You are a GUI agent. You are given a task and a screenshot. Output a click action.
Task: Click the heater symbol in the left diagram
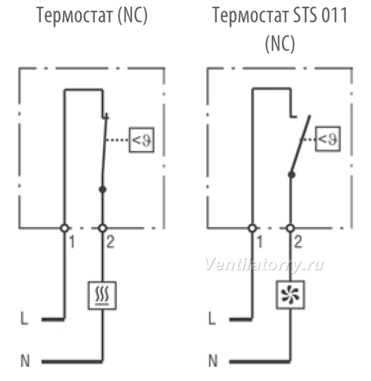click(102, 296)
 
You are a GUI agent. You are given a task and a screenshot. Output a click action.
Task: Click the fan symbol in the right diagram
click(290, 295)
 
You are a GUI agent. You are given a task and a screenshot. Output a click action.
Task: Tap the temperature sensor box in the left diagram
click(142, 140)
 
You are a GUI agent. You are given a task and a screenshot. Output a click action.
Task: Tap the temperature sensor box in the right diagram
click(328, 139)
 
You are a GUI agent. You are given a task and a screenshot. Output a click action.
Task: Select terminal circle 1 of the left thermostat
click(65, 228)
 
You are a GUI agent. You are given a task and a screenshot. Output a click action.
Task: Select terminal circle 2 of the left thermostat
click(102, 228)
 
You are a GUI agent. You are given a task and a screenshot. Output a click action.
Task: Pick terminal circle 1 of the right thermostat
click(252, 228)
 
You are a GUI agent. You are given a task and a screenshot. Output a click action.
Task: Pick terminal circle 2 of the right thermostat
click(290, 228)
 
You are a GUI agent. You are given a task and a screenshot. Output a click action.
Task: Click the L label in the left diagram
click(24, 318)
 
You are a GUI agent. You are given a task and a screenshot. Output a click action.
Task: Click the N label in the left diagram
click(24, 361)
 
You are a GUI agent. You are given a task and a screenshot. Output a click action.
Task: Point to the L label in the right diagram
click(212, 318)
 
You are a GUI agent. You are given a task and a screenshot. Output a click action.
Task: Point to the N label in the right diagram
click(213, 361)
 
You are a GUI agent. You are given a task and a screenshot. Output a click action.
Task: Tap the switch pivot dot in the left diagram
click(102, 189)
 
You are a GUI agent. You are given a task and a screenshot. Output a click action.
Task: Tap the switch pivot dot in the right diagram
click(292, 175)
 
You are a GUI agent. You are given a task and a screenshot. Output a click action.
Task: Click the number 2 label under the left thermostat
click(111, 242)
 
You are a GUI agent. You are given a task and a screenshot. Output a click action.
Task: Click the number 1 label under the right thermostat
click(260, 242)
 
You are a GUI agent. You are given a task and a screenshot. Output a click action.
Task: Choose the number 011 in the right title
click(335, 15)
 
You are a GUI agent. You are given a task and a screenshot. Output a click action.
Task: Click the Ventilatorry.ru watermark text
click(264, 265)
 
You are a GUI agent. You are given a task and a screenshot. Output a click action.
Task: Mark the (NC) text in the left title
click(133, 16)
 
